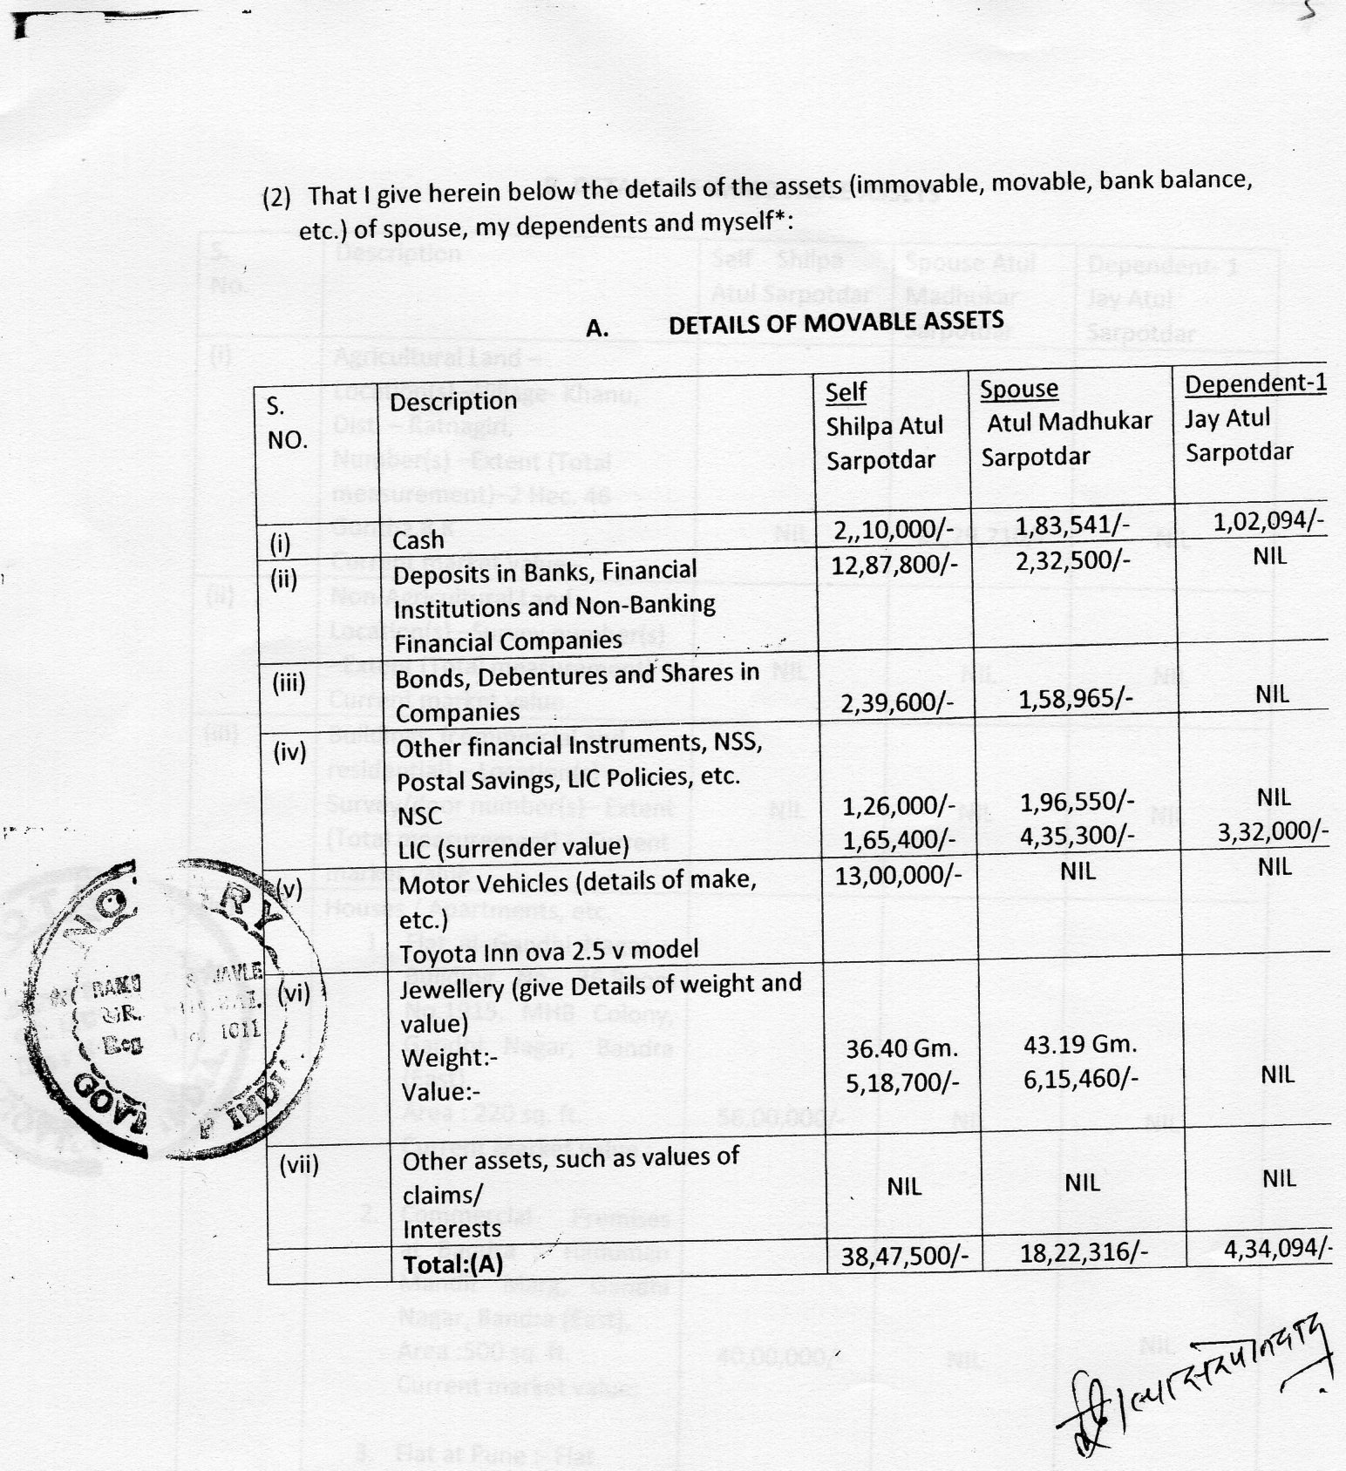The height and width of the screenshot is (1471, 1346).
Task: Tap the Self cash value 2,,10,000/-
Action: [x=894, y=531]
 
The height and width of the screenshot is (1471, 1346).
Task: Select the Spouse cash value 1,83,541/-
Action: [x=1072, y=525]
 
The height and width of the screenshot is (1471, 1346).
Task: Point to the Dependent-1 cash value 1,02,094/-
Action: [x=1268, y=521]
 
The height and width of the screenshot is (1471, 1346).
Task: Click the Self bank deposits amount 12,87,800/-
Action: [x=894, y=565]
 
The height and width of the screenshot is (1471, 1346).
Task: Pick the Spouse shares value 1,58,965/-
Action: [x=1074, y=699]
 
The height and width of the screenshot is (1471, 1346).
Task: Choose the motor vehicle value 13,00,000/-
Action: [x=898, y=875]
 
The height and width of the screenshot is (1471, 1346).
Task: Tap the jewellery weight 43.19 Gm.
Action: [x=1079, y=1044]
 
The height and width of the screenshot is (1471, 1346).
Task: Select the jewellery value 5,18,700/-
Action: [x=902, y=1082]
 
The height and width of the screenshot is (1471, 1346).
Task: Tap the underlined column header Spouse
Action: [x=1018, y=389]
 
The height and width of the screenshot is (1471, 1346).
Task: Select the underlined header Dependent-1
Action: [x=1254, y=383]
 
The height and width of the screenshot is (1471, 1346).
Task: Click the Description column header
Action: [x=453, y=401]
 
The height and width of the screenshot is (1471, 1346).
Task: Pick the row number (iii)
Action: [x=289, y=682]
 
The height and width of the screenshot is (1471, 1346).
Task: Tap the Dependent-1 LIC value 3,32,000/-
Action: [x=1273, y=831]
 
